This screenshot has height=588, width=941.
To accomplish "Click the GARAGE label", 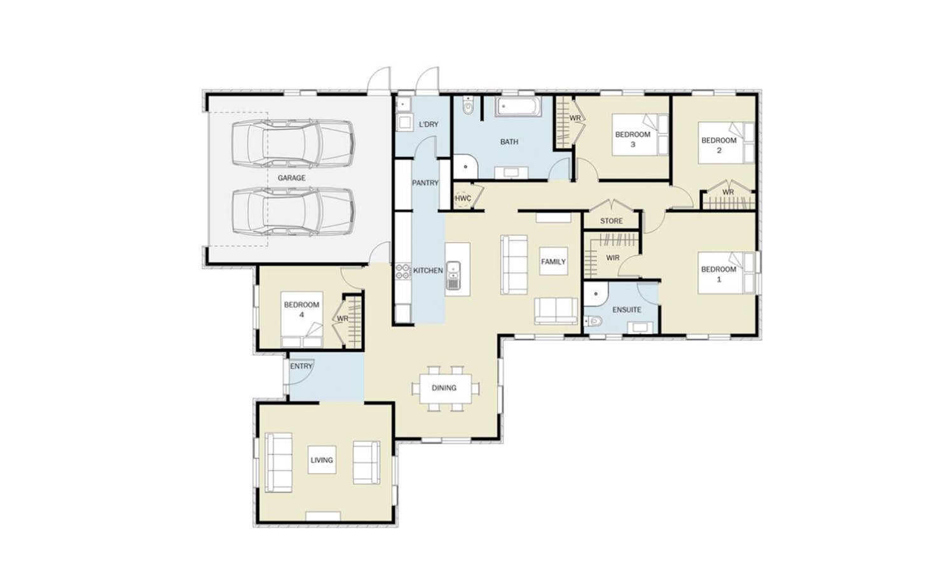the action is [292, 178].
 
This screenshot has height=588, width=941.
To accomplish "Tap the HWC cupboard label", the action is [463, 198].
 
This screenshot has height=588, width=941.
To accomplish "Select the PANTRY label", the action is [425, 183].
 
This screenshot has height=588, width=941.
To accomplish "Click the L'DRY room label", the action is [429, 125].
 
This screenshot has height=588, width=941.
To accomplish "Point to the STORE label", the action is [611, 221].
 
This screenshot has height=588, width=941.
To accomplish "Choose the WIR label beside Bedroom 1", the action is [613, 258].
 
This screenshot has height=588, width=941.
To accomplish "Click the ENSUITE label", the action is [627, 310].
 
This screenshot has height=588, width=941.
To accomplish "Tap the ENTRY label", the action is [301, 366].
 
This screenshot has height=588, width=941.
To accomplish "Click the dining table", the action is [445, 388].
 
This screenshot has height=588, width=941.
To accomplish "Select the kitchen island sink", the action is [453, 276].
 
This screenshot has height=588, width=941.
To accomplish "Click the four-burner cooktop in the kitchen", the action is [403, 271].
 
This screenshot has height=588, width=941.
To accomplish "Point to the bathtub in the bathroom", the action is [518, 107].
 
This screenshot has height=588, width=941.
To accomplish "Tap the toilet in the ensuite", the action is [593, 321].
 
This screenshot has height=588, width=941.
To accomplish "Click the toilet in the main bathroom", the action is [468, 106].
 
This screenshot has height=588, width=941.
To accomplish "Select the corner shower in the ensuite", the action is [595, 294].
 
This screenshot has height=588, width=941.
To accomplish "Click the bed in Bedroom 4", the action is [301, 319].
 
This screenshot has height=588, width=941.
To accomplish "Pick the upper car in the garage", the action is [293, 144].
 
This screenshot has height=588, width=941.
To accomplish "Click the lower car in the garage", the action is [293, 211].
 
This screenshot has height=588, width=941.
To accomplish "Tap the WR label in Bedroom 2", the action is [728, 192].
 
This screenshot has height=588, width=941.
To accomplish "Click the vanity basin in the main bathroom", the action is [511, 173].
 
